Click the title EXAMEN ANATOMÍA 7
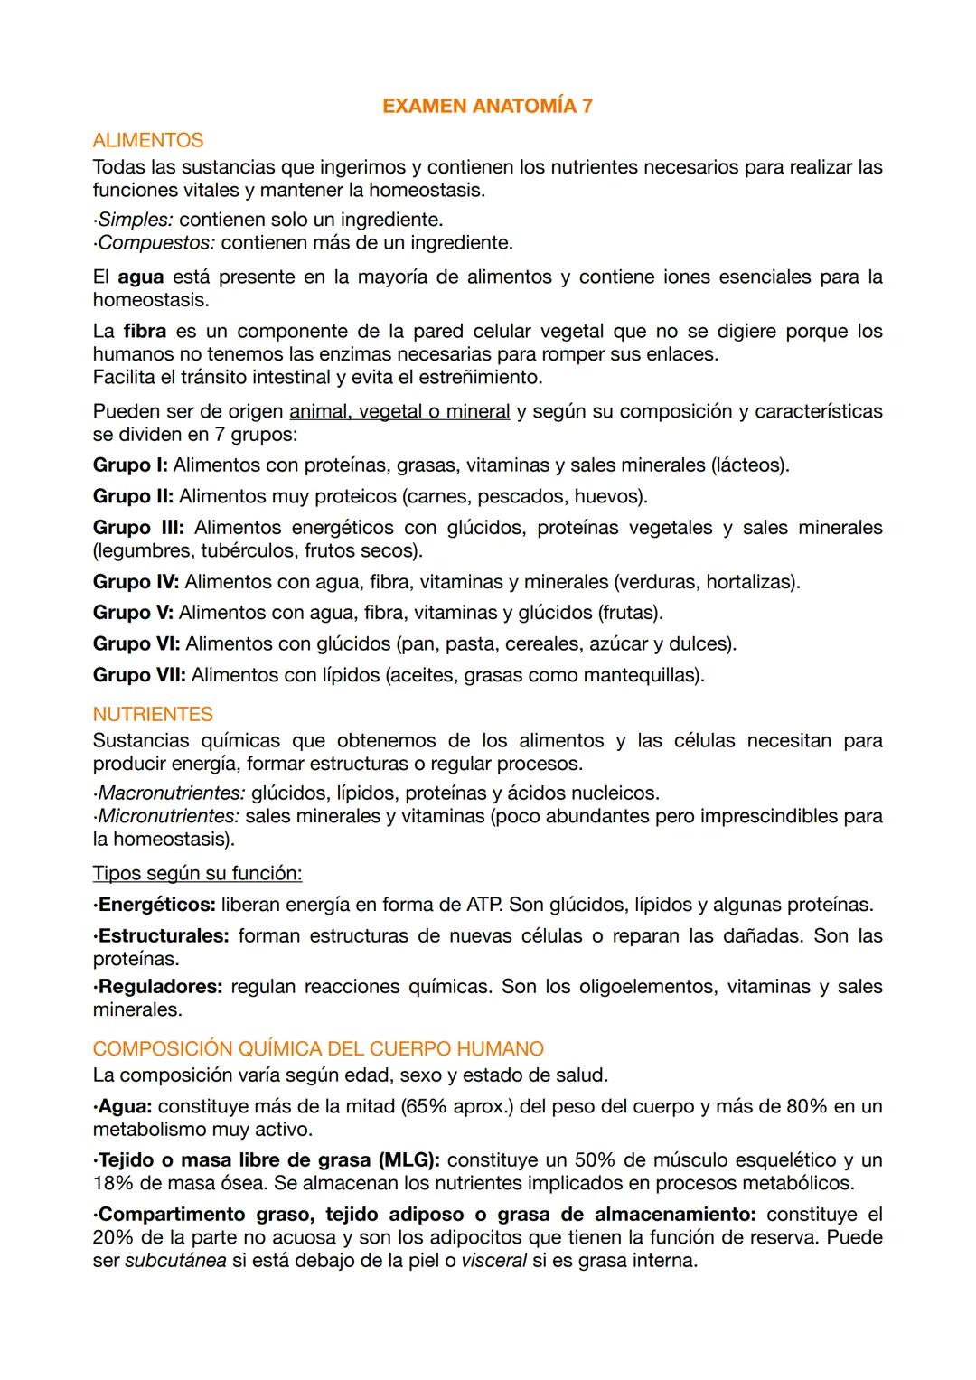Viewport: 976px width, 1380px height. pyautogui.click(x=487, y=107)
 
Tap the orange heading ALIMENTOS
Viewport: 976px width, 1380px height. pyautogui.click(x=148, y=141)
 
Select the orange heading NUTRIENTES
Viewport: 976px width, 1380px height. pyautogui.click(x=153, y=715)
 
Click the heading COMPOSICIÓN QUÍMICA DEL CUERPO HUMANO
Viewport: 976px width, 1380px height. pyautogui.click(x=318, y=1049)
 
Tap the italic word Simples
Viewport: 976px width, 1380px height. pyautogui.click(x=135, y=221)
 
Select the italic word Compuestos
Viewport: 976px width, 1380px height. pyautogui.click(x=155, y=243)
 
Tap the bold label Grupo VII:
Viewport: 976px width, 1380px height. pyautogui.click(x=139, y=676)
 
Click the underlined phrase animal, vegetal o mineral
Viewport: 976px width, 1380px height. pyautogui.click(x=399, y=412)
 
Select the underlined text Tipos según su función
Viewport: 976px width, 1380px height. pyautogui.click(x=197, y=874)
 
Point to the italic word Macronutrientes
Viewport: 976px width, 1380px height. pyautogui.click(x=172, y=793)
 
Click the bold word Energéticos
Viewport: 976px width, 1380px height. pyautogui.click(x=156, y=905)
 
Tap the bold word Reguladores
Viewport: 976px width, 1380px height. pyautogui.click(x=159, y=987)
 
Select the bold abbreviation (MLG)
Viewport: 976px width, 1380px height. pyautogui.click(x=409, y=1160)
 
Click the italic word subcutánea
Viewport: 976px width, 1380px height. pyautogui.click(x=175, y=1261)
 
